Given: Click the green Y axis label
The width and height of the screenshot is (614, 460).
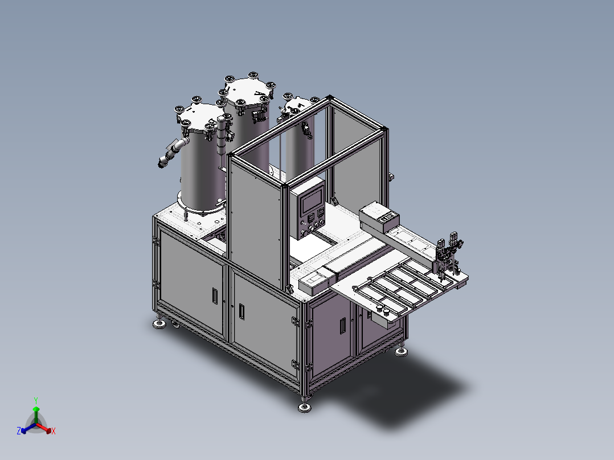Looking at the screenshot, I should pos(35,400).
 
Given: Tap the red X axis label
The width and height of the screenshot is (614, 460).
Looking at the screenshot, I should pos(54,432).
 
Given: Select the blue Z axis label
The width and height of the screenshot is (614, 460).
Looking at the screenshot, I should pos(19,431).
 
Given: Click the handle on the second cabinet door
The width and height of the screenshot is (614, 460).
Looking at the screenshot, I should pos(241,311).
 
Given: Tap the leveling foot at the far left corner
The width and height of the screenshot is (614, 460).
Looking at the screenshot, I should pos(159,325).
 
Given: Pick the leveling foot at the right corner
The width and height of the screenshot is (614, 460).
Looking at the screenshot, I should pos(402,352).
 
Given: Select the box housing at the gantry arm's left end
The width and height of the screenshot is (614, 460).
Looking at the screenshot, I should pos(380,217).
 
